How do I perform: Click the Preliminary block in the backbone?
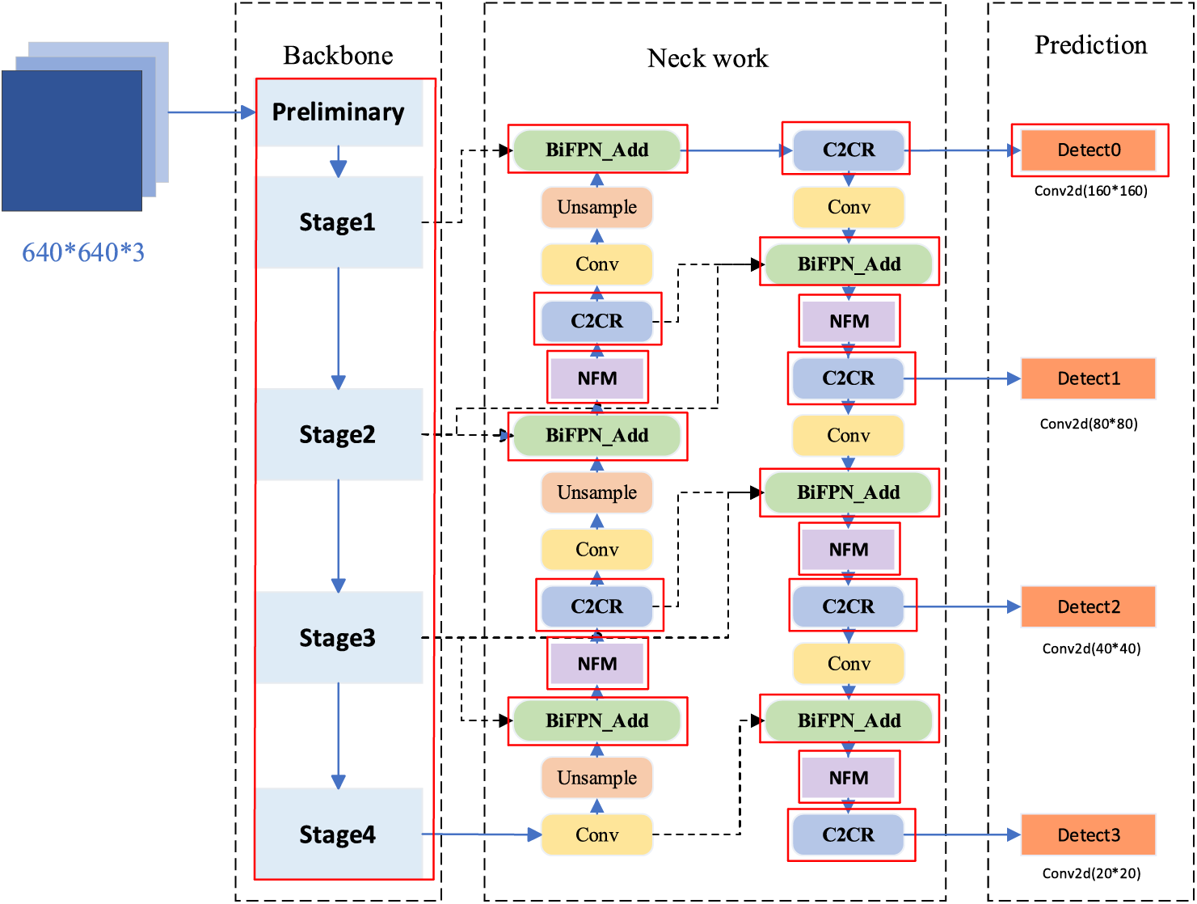coord(339,112)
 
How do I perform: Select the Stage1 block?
coord(339,222)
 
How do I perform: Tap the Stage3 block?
coord(339,638)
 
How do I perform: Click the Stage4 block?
coord(339,834)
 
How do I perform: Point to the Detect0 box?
coord(1089,150)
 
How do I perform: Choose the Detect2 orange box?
coord(1089,607)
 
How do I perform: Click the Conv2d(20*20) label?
coord(1091,873)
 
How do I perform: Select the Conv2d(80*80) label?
coord(1089,424)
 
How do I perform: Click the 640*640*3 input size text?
coord(83,253)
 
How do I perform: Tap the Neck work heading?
coord(707,58)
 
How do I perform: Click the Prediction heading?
coord(1090,45)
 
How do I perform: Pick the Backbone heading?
coord(338,56)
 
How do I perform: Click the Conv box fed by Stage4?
coord(596,835)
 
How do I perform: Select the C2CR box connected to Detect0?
coord(848,150)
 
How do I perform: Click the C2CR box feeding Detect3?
coord(848,835)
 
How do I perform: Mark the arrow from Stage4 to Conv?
coord(481,834)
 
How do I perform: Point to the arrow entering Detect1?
coord(962,378)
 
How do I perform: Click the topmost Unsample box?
coord(596,208)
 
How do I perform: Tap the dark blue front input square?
coord(71,141)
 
